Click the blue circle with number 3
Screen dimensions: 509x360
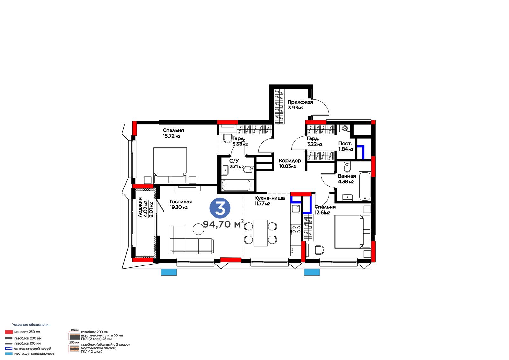coord(220,208)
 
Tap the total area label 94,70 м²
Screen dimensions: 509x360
coord(223,224)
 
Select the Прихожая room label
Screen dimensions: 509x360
coord(300,102)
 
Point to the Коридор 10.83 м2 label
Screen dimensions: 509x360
coord(290,163)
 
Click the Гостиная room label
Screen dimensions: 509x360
coord(181,201)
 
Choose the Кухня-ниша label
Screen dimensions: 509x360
coord(269,198)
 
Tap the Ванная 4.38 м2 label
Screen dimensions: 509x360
coord(347,179)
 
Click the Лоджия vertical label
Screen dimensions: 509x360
coord(140,207)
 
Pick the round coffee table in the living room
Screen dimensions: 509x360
coord(199,229)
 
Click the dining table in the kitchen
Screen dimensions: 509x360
coord(261,233)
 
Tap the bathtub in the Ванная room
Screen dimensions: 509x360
coord(365,186)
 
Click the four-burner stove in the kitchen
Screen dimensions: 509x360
coord(296,229)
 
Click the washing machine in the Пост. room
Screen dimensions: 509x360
coord(345,129)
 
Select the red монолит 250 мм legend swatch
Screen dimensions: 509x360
coord(9,332)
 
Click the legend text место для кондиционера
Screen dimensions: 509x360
coord(34,353)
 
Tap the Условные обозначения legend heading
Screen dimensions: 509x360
coord(31,325)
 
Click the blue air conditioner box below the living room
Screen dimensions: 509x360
coord(169,272)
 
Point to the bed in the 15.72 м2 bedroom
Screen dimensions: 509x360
coord(170,165)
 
